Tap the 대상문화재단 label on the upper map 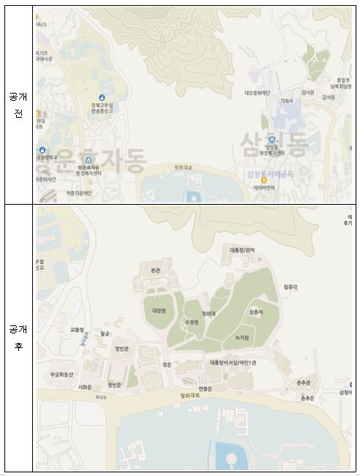[x=258, y=93]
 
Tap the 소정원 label [x=193, y=322]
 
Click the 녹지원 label [x=241, y=338]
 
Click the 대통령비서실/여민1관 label [x=231, y=363]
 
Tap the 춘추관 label [x=304, y=382]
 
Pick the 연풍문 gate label [x=205, y=388]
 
